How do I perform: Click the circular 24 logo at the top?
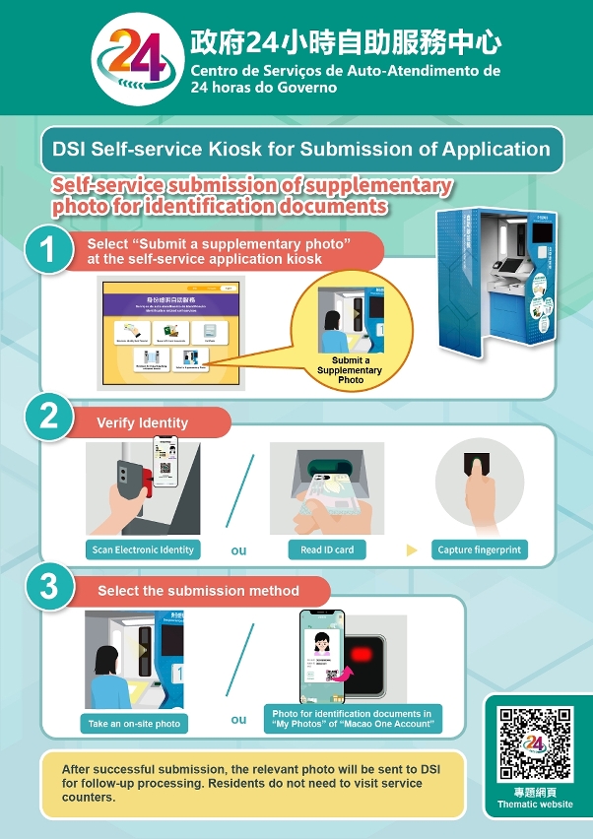[x=136, y=57]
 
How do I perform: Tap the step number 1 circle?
[x=46, y=251]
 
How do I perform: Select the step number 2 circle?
[x=46, y=417]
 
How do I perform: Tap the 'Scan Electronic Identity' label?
[x=143, y=549]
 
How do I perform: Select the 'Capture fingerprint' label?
[x=480, y=549]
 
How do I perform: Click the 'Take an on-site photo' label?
[x=134, y=723]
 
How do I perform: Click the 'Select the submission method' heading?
[x=198, y=591]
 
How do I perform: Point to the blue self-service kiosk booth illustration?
[x=498, y=282]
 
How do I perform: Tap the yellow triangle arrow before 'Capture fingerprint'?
[x=412, y=549]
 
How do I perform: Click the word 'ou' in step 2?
[x=238, y=550]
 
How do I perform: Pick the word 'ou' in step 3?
[x=238, y=719]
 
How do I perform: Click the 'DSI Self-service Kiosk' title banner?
[x=301, y=150]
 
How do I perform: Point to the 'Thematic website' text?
[x=535, y=805]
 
